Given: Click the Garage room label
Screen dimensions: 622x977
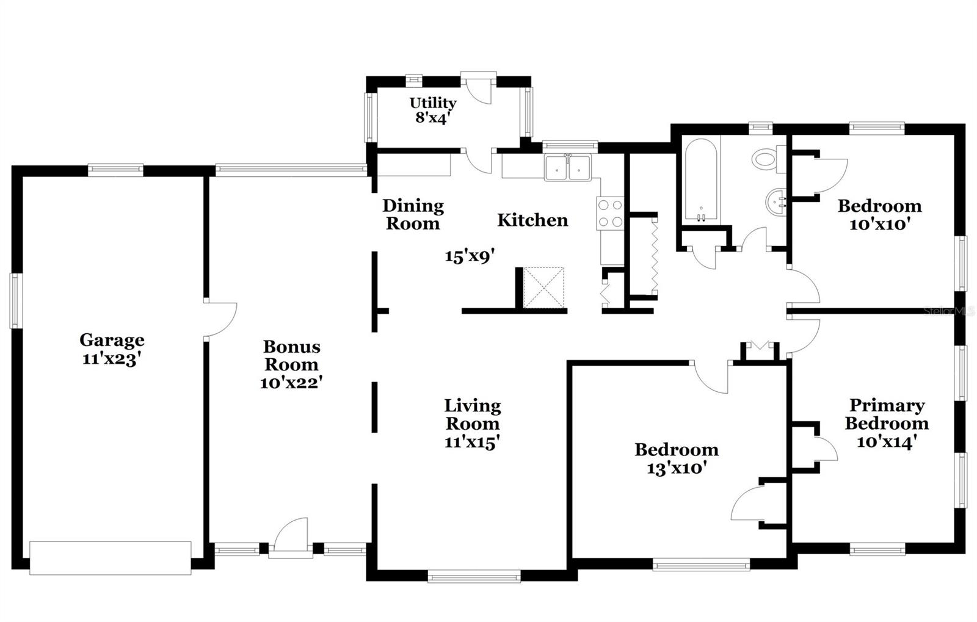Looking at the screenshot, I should [112, 340].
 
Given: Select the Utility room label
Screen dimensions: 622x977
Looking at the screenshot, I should [432, 103].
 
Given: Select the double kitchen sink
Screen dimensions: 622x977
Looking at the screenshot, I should [568, 168].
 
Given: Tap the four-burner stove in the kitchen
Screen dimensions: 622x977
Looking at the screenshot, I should [610, 214].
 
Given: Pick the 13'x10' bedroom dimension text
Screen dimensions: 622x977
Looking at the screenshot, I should [677, 468].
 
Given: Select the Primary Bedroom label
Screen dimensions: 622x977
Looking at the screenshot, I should [887, 414].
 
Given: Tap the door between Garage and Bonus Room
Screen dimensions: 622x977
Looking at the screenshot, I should [220, 317].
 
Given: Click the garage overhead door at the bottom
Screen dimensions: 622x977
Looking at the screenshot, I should [111, 557].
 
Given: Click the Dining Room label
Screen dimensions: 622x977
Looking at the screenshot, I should [413, 214].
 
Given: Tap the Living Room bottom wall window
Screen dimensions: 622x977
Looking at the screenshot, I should [474, 576].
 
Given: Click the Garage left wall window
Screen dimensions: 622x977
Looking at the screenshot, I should [15, 301].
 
